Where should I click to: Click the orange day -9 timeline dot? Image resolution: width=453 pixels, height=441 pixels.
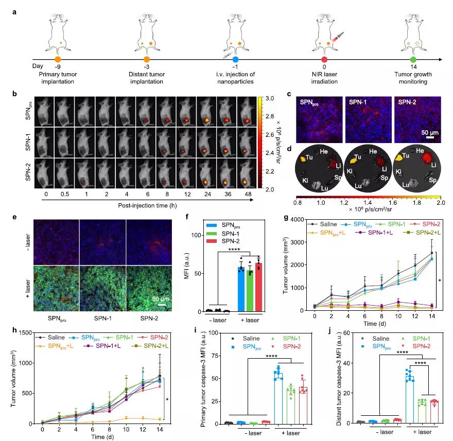coord(58,60)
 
